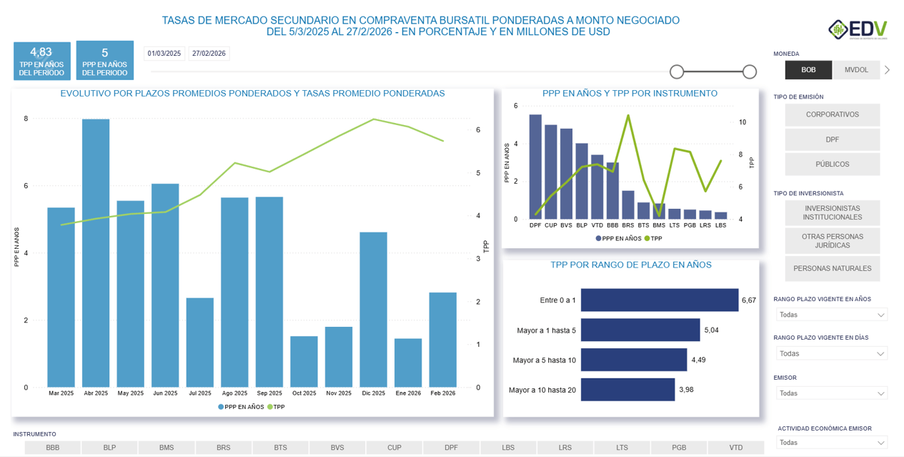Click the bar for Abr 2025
coord(96,253)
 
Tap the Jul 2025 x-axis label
coord(200,393)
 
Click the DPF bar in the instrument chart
coord(535,167)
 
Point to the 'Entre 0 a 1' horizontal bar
coord(659,300)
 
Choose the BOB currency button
coord(808,70)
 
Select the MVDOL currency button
coord(856,70)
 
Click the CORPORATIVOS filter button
coord(832,114)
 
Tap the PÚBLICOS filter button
coord(832,164)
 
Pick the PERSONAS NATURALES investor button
coord(832,269)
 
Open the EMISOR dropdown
coord(832,393)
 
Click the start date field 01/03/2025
coord(164,54)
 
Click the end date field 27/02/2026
coord(209,54)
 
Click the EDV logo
coord(858,30)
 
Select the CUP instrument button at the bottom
coord(394,448)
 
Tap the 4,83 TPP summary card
coord(41,61)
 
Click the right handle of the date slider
coord(750,72)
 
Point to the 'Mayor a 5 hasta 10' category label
coord(544,360)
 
